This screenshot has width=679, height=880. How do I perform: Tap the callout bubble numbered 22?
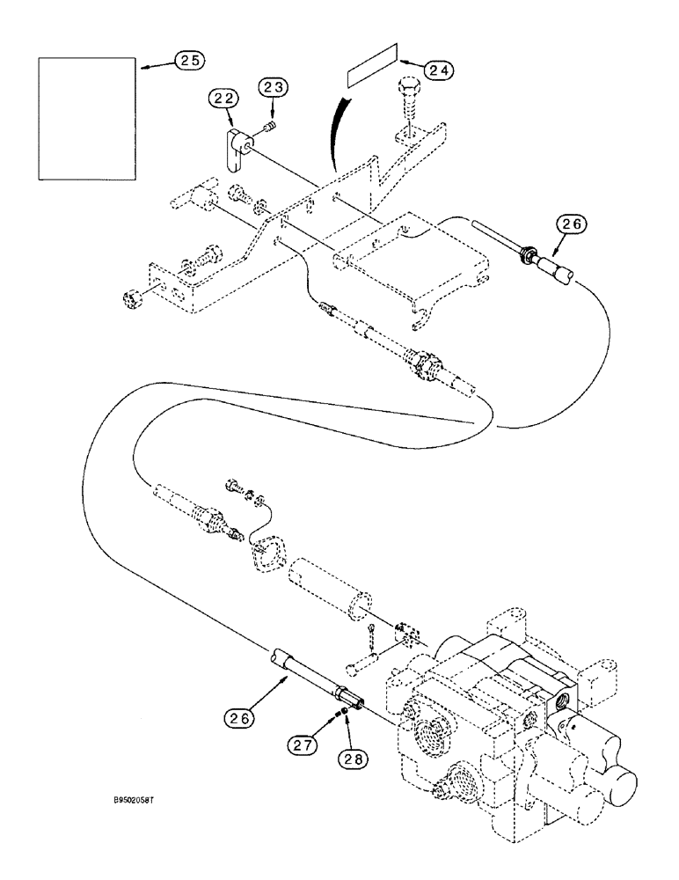pyautogui.click(x=223, y=100)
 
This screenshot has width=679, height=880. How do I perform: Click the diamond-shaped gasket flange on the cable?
pyautogui.click(x=263, y=554)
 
